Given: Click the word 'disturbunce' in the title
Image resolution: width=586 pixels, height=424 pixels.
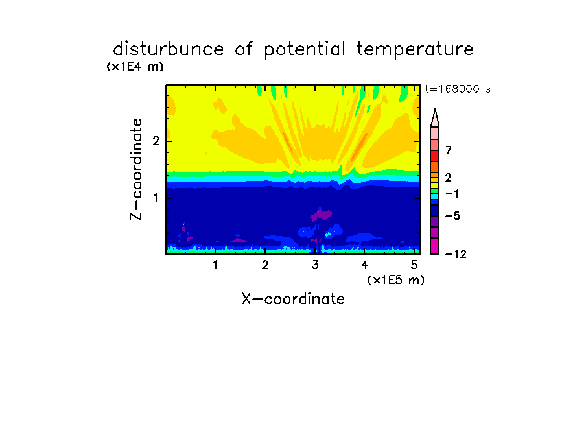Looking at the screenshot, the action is pos(168,49).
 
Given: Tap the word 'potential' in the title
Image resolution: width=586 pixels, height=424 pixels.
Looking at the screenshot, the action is pos(305,50).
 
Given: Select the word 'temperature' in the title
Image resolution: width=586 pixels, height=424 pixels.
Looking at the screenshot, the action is pos(415,50).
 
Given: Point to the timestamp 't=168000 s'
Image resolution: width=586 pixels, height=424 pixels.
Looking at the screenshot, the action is pos(458,89).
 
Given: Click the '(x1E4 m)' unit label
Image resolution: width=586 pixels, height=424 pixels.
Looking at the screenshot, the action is pos(135,67).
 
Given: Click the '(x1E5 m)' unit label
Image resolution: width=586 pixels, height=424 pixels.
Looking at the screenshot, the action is pos(396,279).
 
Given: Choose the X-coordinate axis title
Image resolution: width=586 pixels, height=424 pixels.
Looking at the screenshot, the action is pos(293,299).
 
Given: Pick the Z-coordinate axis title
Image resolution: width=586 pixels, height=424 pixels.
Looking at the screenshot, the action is pos(136,169).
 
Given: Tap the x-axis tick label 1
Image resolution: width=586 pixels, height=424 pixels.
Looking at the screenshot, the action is pos(215,265).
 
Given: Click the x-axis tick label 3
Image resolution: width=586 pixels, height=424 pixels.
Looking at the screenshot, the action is pos(315,265).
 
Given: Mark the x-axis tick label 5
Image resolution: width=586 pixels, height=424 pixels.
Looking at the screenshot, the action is pos(414,265).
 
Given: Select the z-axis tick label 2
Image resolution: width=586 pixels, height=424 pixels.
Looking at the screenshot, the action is pos(156,141).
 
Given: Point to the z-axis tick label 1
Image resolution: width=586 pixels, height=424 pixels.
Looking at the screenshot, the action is pos(156,198).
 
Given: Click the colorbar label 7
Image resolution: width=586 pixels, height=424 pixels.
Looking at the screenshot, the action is pos(449,150).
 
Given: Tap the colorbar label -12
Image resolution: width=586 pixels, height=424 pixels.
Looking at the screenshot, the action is pos(456,254).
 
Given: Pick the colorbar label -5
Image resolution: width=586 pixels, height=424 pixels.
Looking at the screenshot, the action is pos(452,216).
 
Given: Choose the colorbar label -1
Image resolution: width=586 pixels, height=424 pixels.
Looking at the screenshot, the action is pos(452,194).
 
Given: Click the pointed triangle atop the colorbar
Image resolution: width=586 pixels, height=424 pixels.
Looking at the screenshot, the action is pos(435,118).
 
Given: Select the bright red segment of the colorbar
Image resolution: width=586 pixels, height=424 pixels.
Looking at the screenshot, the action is pos(435,156).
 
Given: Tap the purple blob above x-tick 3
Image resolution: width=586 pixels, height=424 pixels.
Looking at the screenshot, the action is pos(321,215).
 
